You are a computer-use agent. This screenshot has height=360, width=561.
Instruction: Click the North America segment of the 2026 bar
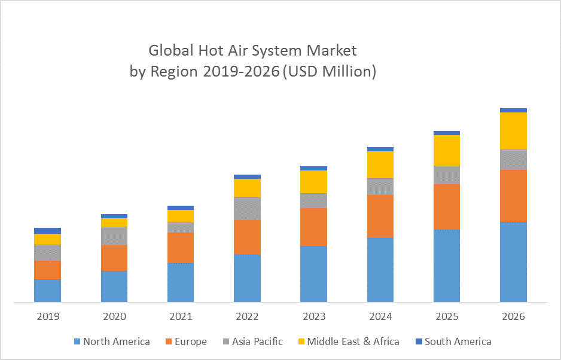coord(513,262)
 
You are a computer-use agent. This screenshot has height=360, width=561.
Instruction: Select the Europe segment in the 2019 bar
coord(47,270)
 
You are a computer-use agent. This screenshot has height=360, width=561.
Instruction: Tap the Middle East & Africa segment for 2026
coord(513,130)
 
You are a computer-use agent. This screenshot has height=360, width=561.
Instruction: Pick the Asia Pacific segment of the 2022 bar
coord(247,208)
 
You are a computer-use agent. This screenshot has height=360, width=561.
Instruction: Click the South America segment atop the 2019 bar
coord(47,231)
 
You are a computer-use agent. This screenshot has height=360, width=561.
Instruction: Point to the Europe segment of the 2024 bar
coord(380,216)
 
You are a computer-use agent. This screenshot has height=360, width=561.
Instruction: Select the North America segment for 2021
coord(181,282)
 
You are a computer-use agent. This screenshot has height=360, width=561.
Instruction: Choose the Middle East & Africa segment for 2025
coord(447,150)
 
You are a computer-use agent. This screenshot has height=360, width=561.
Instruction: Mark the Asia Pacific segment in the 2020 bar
coord(114,236)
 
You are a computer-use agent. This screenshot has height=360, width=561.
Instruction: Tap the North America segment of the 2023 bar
coord(313,274)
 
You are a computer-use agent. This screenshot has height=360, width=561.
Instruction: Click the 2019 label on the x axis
coord(48,316)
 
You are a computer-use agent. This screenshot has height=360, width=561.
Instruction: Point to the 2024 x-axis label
coord(380,316)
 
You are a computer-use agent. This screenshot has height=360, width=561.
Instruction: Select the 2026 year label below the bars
coord(513,316)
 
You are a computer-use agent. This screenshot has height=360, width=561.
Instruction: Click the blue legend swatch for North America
coord(77,341)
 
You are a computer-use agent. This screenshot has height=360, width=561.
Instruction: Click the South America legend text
coord(458,341)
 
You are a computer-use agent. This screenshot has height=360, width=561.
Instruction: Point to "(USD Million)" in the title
coord(329,72)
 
